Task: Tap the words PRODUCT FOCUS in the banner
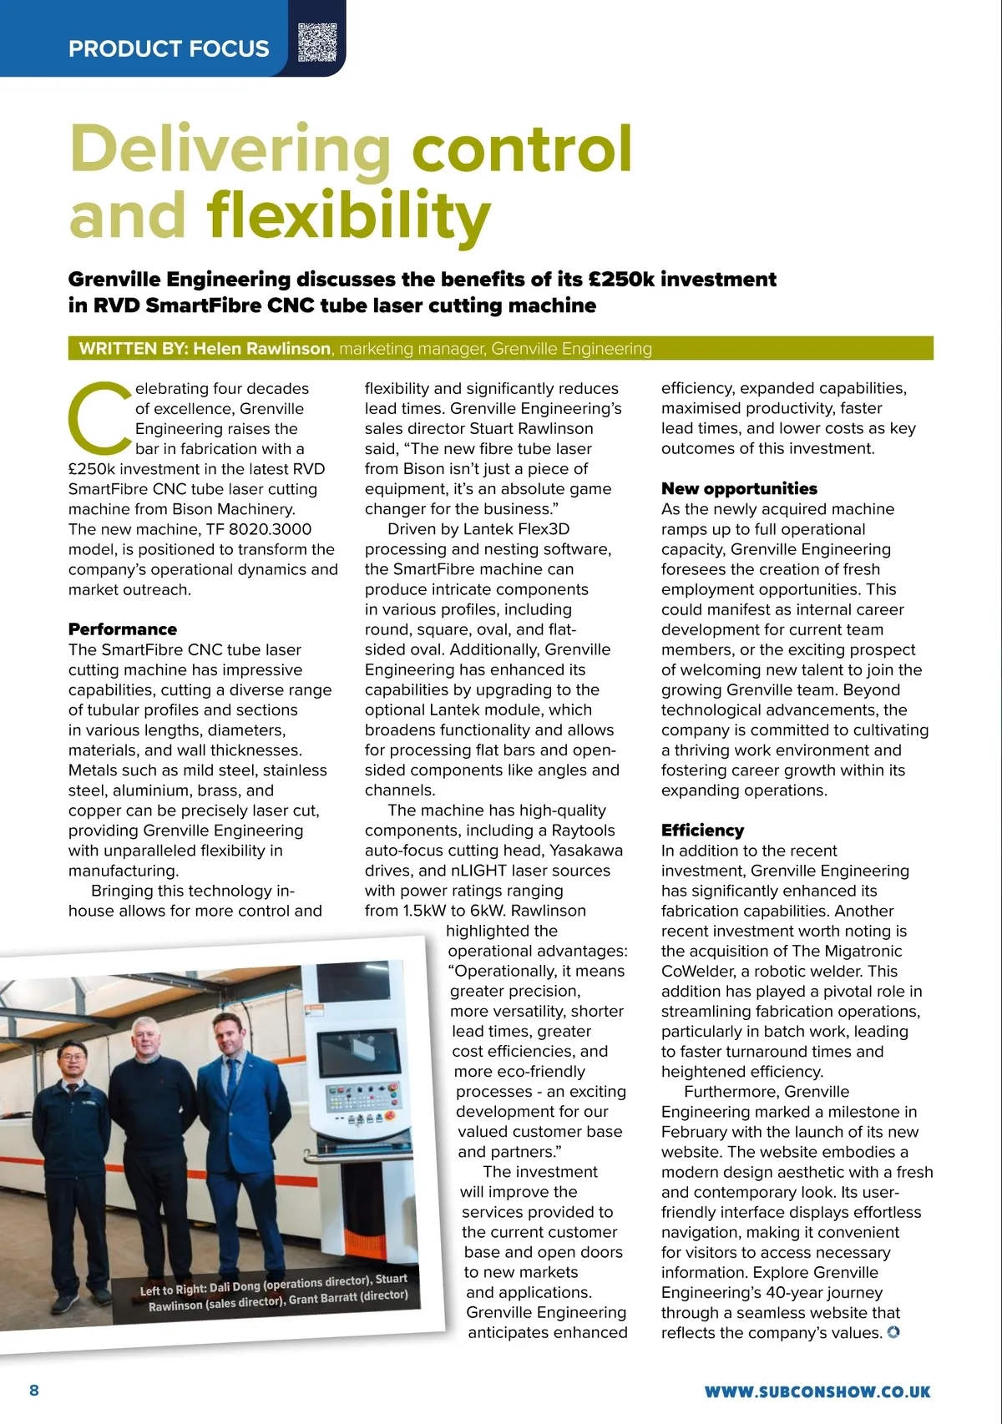coord(169,48)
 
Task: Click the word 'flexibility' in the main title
coord(348,215)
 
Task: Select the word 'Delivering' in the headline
coord(230,149)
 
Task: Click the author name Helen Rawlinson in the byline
coord(261,349)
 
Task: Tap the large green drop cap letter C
coord(99,417)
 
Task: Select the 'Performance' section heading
coord(123,629)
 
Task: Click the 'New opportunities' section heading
coord(739,488)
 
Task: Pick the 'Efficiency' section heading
coord(702,830)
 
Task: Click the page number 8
coord(34,1390)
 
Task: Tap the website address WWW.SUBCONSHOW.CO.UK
coord(817,1391)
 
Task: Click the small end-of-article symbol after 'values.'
coord(893,1332)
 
